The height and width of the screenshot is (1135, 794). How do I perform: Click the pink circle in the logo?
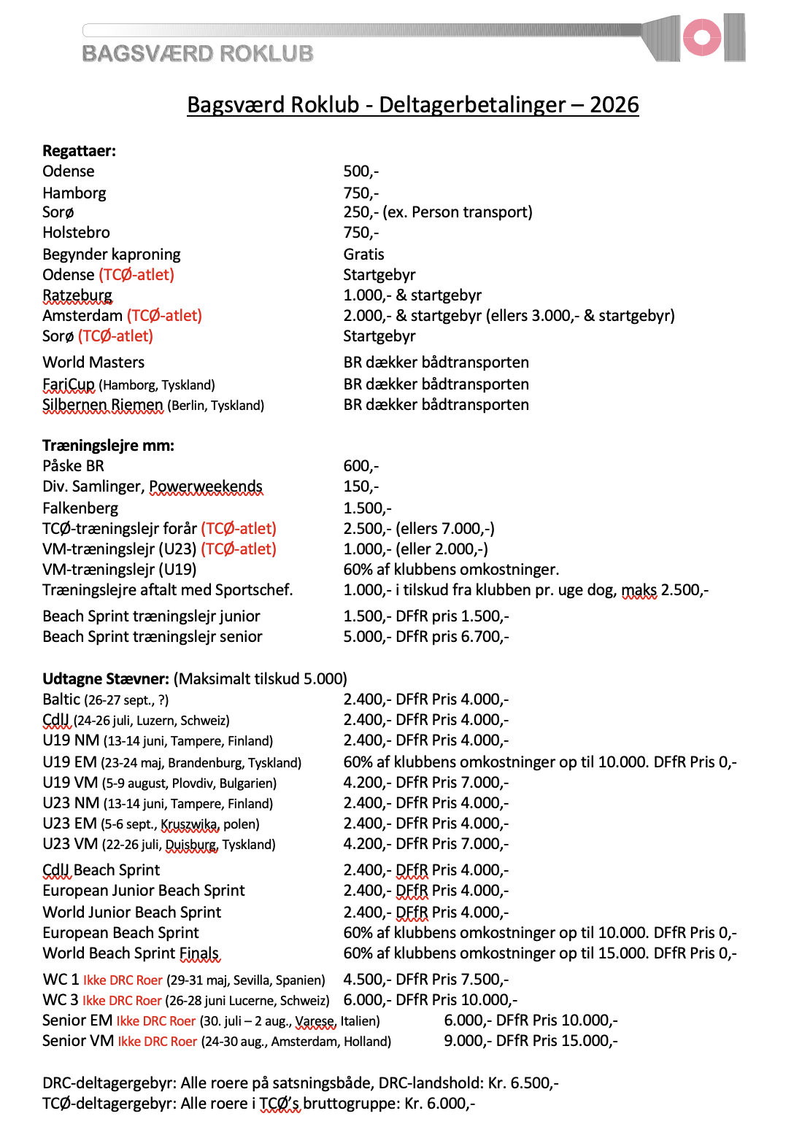[x=702, y=37]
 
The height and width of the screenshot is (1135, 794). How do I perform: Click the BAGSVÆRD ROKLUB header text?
[x=198, y=53]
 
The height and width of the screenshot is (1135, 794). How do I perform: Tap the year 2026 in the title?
[x=614, y=105]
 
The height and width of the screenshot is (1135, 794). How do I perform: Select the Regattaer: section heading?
[x=79, y=151]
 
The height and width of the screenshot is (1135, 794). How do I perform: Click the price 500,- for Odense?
[x=361, y=171]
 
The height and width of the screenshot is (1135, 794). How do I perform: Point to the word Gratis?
[x=363, y=255]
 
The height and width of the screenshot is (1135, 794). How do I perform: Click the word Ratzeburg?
[x=77, y=295]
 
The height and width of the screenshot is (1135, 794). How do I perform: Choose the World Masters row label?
[x=93, y=363]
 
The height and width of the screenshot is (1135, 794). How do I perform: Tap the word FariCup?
[x=69, y=384]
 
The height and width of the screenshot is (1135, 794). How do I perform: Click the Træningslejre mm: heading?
[x=108, y=446]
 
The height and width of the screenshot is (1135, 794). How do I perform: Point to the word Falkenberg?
[x=80, y=508]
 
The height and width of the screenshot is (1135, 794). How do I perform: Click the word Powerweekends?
[x=206, y=487]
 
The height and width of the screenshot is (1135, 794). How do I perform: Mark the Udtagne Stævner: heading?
[x=106, y=679]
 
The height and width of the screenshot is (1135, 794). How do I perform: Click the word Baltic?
[x=61, y=700]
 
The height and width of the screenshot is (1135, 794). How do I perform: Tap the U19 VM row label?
[x=70, y=783]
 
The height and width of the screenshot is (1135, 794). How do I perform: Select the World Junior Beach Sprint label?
[x=131, y=913]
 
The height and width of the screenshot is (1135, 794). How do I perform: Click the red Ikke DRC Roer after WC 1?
[x=123, y=980]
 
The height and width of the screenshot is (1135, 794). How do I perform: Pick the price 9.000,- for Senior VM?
[x=467, y=1041]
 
